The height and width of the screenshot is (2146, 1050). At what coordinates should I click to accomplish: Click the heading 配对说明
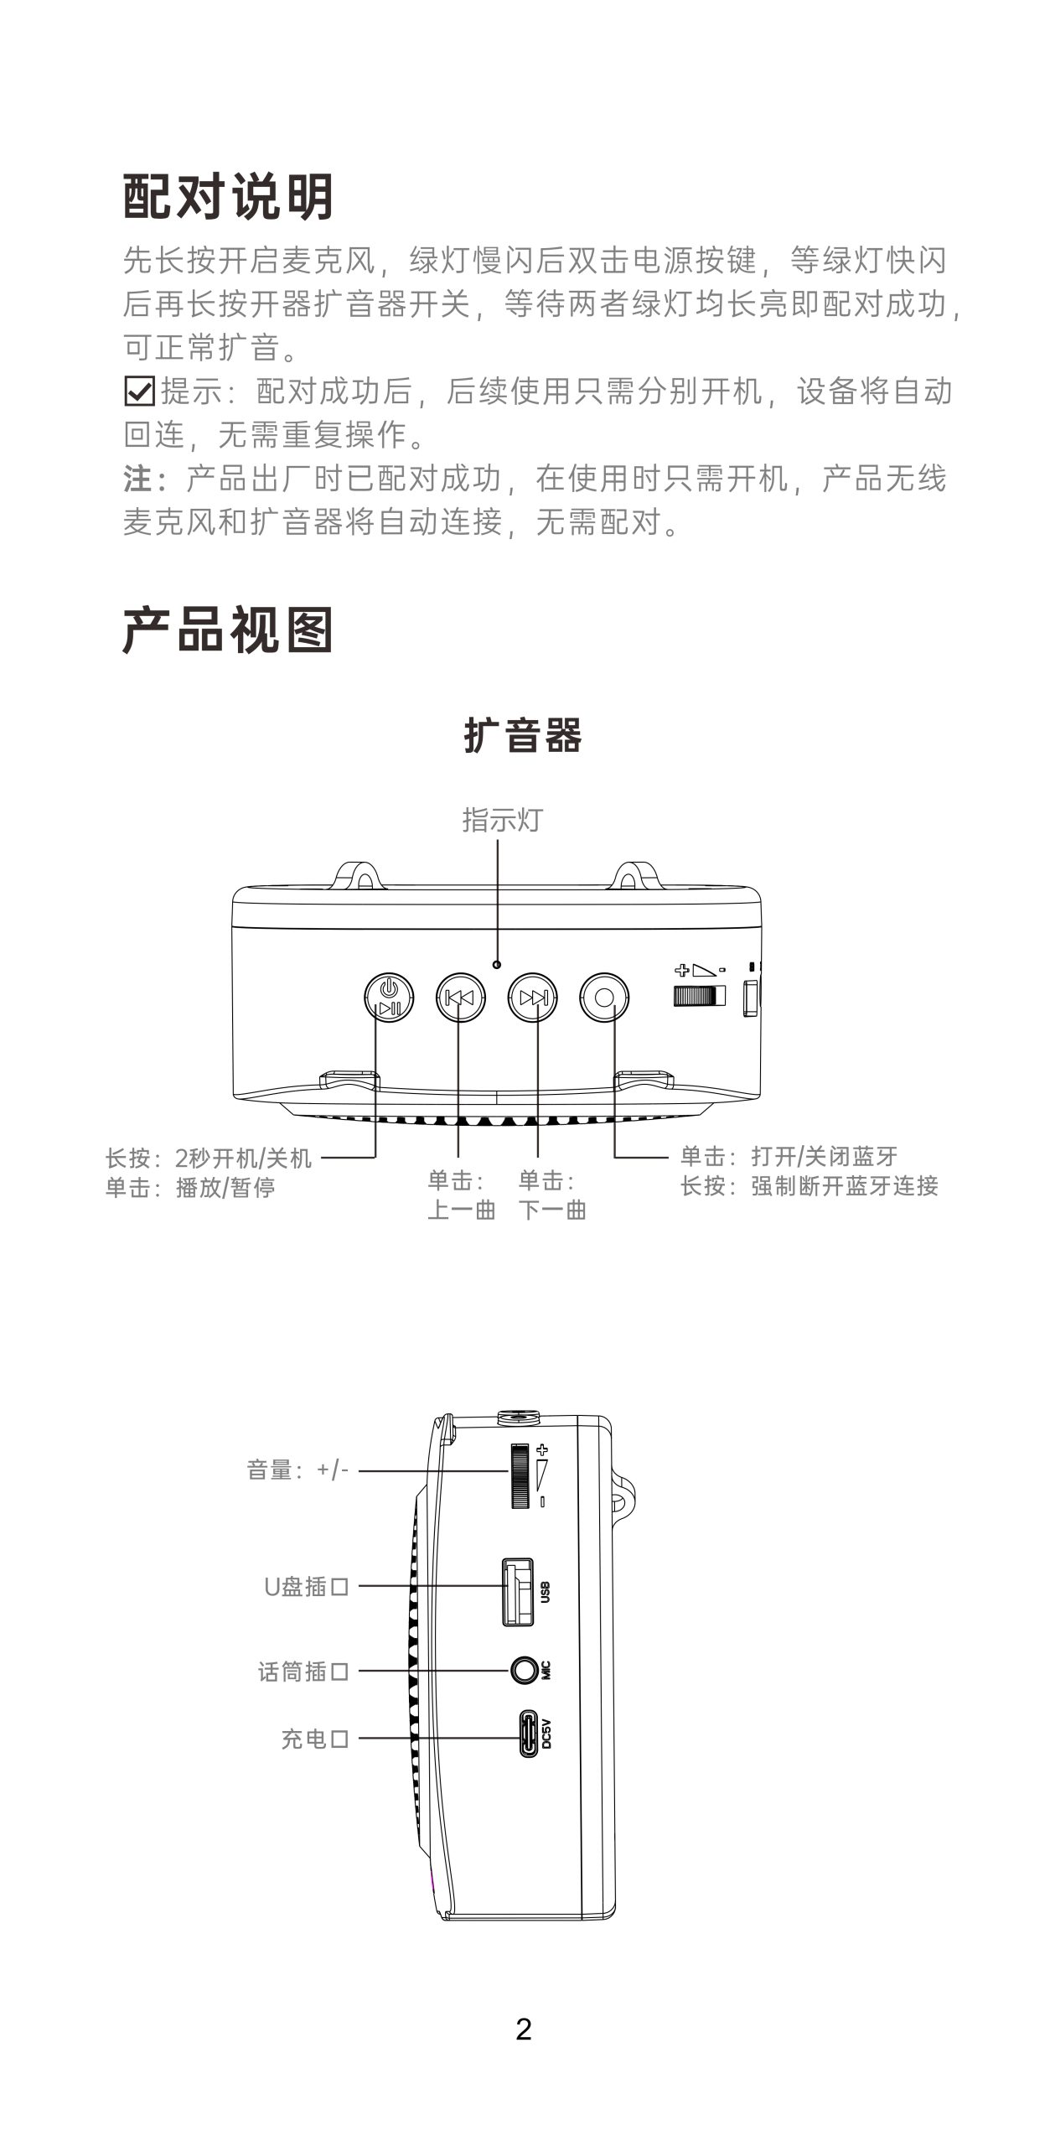coord(228,196)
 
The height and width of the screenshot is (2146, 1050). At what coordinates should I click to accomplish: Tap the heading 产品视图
coord(228,630)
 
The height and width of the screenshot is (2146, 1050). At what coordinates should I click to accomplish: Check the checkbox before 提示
coord(138,391)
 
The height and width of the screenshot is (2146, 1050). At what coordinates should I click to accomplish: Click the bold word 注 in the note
coord(137,479)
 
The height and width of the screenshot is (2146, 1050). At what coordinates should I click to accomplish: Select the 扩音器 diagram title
coord(523,735)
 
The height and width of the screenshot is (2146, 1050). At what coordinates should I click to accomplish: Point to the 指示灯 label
coord(503,819)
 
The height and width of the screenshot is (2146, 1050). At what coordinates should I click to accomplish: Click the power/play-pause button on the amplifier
coord(389,997)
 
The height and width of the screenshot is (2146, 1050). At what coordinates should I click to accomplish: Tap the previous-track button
coord(460,997)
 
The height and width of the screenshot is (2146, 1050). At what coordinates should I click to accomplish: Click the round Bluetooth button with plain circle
coord(604,997)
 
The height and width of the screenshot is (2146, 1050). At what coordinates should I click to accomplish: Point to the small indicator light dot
coord(498,964)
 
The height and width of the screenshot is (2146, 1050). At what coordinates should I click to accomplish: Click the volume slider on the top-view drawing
coord(698,996)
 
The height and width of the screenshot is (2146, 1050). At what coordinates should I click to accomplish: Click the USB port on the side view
coord(518,1592)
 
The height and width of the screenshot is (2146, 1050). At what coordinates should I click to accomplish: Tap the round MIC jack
coord(525,1670)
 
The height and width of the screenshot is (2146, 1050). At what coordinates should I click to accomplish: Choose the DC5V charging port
coord(529,1734)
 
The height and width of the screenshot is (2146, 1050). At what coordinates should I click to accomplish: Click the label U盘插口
coord(306,1586)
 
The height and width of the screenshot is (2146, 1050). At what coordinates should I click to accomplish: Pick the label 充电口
coord(314,1739)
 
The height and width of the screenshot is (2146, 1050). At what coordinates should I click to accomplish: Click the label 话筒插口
coord(303,1672)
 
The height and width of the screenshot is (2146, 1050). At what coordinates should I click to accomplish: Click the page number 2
coord(524,2029)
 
